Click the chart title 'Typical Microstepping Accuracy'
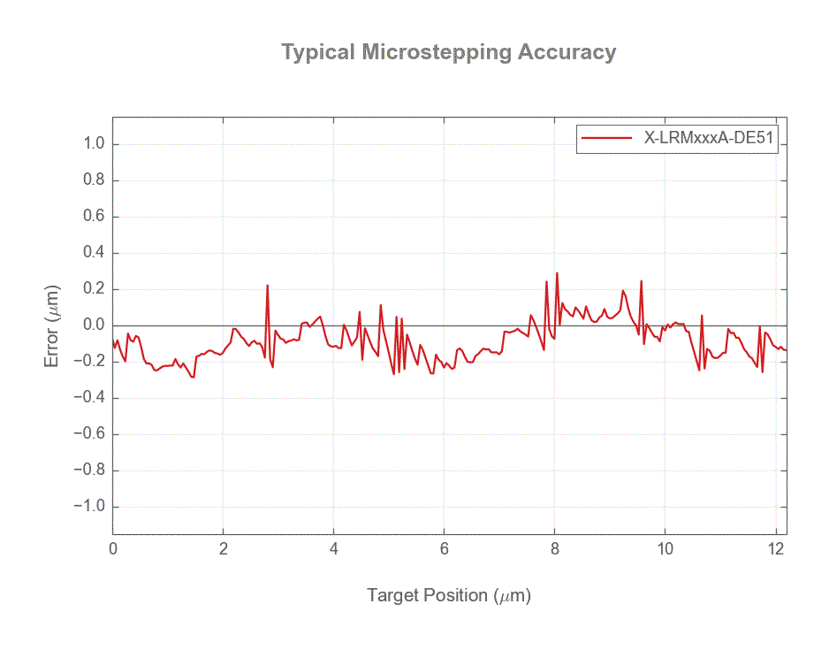448,52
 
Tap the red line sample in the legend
605,138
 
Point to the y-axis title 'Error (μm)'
53,326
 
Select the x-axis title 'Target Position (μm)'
448,595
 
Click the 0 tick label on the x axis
113,548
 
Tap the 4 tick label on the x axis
334,548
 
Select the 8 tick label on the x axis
555,548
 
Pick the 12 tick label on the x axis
775,548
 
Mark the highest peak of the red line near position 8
557,273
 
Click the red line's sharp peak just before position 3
267,286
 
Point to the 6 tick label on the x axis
445,548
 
